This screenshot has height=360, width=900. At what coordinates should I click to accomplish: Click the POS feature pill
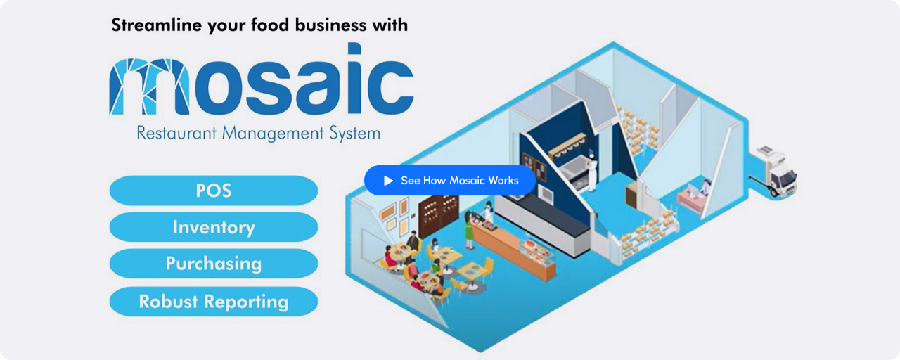coord(213,191)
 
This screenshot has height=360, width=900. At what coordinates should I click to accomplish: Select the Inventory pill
coord(213,227)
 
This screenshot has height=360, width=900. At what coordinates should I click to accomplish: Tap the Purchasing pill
coord(213,264)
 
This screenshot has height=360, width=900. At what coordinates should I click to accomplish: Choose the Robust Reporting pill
coord(213,302)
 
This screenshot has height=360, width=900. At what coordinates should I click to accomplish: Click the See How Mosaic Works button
coord(449,181)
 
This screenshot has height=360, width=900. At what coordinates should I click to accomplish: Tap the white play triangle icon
coord(388,181)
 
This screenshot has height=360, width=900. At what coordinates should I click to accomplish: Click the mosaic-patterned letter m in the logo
coord(149,86)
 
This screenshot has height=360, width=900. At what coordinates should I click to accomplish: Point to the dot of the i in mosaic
coord(354,49)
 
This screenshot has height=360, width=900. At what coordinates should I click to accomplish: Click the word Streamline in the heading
coord(157,25)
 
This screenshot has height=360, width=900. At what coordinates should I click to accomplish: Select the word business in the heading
coord(330,25)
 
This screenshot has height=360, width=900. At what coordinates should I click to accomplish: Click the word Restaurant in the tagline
coord(176,133)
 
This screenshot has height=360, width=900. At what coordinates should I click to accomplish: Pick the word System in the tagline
coord(355,134)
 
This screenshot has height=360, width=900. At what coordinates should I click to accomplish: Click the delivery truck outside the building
coord(774,173)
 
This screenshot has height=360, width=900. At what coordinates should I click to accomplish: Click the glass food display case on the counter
coord(534,252)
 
